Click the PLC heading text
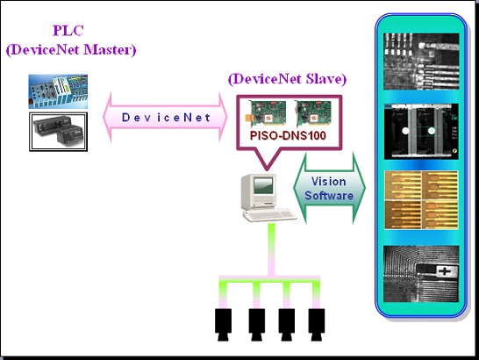coord(69,32)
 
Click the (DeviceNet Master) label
coord(70,49)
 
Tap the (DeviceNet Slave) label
coord(287,79)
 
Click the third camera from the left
coord(288,321)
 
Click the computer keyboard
coord(262,214)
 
